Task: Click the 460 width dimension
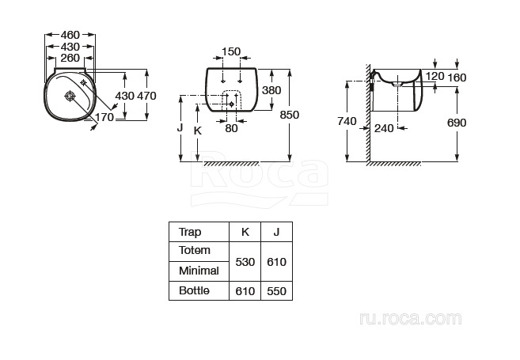coord(70,35)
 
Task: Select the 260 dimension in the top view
coord(70,58)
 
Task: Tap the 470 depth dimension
coord(146,96)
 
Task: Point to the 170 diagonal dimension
coord(104,117)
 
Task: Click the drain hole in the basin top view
coord(70,97)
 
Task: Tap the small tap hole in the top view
coord(84,82)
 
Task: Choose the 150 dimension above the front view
coord(231,51)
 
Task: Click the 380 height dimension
coord(271,90)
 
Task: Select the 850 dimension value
coord(290,115)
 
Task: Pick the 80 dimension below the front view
coord(231,128)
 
